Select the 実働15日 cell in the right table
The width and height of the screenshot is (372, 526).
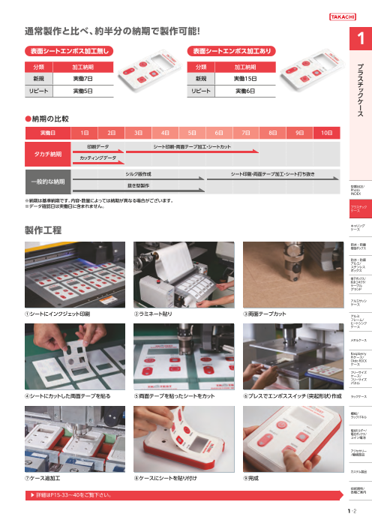pos(241,78)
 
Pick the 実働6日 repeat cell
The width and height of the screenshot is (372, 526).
pos(241,90)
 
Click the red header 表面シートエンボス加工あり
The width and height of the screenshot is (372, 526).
pos(223,51)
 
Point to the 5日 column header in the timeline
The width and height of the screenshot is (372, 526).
pos(191,132)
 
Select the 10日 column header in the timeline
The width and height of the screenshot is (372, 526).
pos(326,132)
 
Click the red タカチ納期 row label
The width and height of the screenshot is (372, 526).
pos(46,153)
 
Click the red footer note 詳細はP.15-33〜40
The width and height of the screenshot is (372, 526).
pos(75,495)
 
